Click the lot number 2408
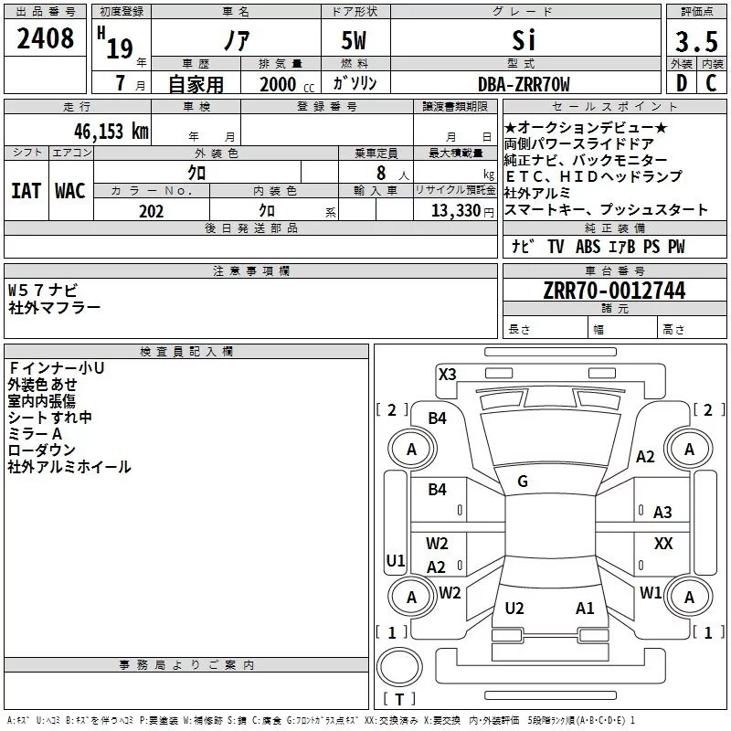pos(45,38)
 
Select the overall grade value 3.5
pos(696,41)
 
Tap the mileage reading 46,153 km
pos(111,131)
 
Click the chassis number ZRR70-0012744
pos(614,291)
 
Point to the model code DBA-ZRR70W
pos(524,84)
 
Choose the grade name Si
pos(524,40)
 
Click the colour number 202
pos(151,211)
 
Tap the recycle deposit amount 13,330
pos(456,210)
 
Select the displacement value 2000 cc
pos(287,84)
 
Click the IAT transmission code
pos(26,191)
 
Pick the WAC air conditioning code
pos(70,191)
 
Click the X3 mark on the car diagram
pos(447,375)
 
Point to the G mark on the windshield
pos(523,482)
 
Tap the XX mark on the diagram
pos(663,543)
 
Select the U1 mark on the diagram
pos(396,560)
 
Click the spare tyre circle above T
pos(399,667)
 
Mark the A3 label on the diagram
pos(662,513)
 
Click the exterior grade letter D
pos(682,83)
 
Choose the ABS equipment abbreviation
pos(588,247)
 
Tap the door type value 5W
pos(354,40)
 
